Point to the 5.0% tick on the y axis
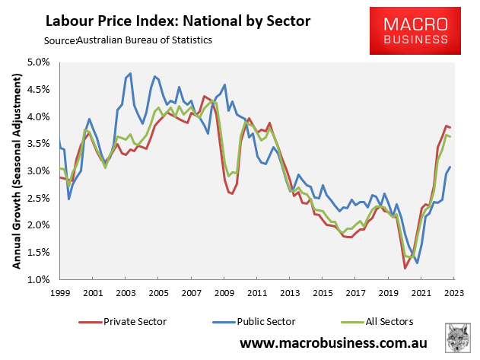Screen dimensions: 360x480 tap(40, 62)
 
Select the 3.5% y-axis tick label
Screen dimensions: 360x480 tap(40, 144)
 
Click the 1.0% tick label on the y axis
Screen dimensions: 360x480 tap(40, 280)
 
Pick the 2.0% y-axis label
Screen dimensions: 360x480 tap(40, 226)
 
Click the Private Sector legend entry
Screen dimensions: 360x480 tap(121, 320)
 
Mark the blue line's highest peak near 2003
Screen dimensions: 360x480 tap(131, 73)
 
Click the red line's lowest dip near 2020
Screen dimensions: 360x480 tap(405, 268)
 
